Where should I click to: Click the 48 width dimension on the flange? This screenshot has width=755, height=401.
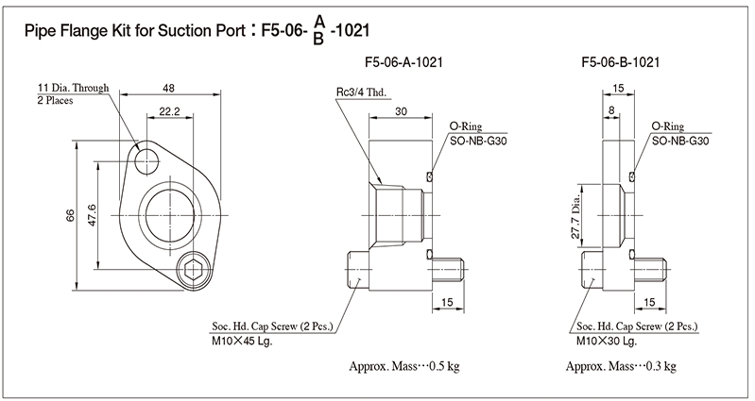pyautogui.click(x=168, y=88)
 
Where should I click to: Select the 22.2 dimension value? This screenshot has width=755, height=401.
pyautogui.click(x=169, y=111)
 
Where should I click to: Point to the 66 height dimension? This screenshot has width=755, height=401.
pyautogui.click(x=70, y=216)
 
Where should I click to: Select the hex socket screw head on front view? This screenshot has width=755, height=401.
pyautogui.click(x=195, y=271)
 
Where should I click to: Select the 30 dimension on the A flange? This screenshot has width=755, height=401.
pyautogui.click(x=401, y=111)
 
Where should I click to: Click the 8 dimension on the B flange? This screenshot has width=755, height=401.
pyautogui.click(x=612, y=111)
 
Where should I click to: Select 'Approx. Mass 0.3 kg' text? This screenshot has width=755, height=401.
pyautogui.click(x=621, y=366)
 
